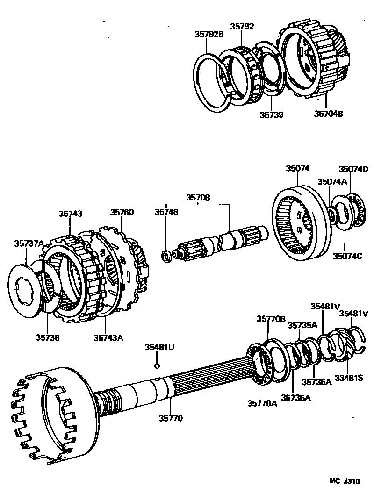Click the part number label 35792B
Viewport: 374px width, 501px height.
(x=209, y=34)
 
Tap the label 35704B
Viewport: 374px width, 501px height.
(x=328, y=113)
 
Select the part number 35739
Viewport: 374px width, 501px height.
(x=272, y=114)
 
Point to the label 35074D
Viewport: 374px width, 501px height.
(x=353, y=169)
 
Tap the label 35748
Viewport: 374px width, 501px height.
(x=166, y=212)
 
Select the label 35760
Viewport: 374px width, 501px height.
(x=122, y=212)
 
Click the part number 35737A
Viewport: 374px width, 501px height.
(x=29, y=243)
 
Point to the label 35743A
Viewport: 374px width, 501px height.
(x=108, y=337)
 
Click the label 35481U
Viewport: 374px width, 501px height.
(x=159, y=347)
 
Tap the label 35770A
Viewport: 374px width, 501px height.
(x=262, y=403)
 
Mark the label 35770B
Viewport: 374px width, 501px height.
(x=270, y=319)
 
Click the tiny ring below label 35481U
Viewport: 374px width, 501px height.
(x=158, y=366)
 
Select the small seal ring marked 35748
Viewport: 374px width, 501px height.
(x=166, y=256)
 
